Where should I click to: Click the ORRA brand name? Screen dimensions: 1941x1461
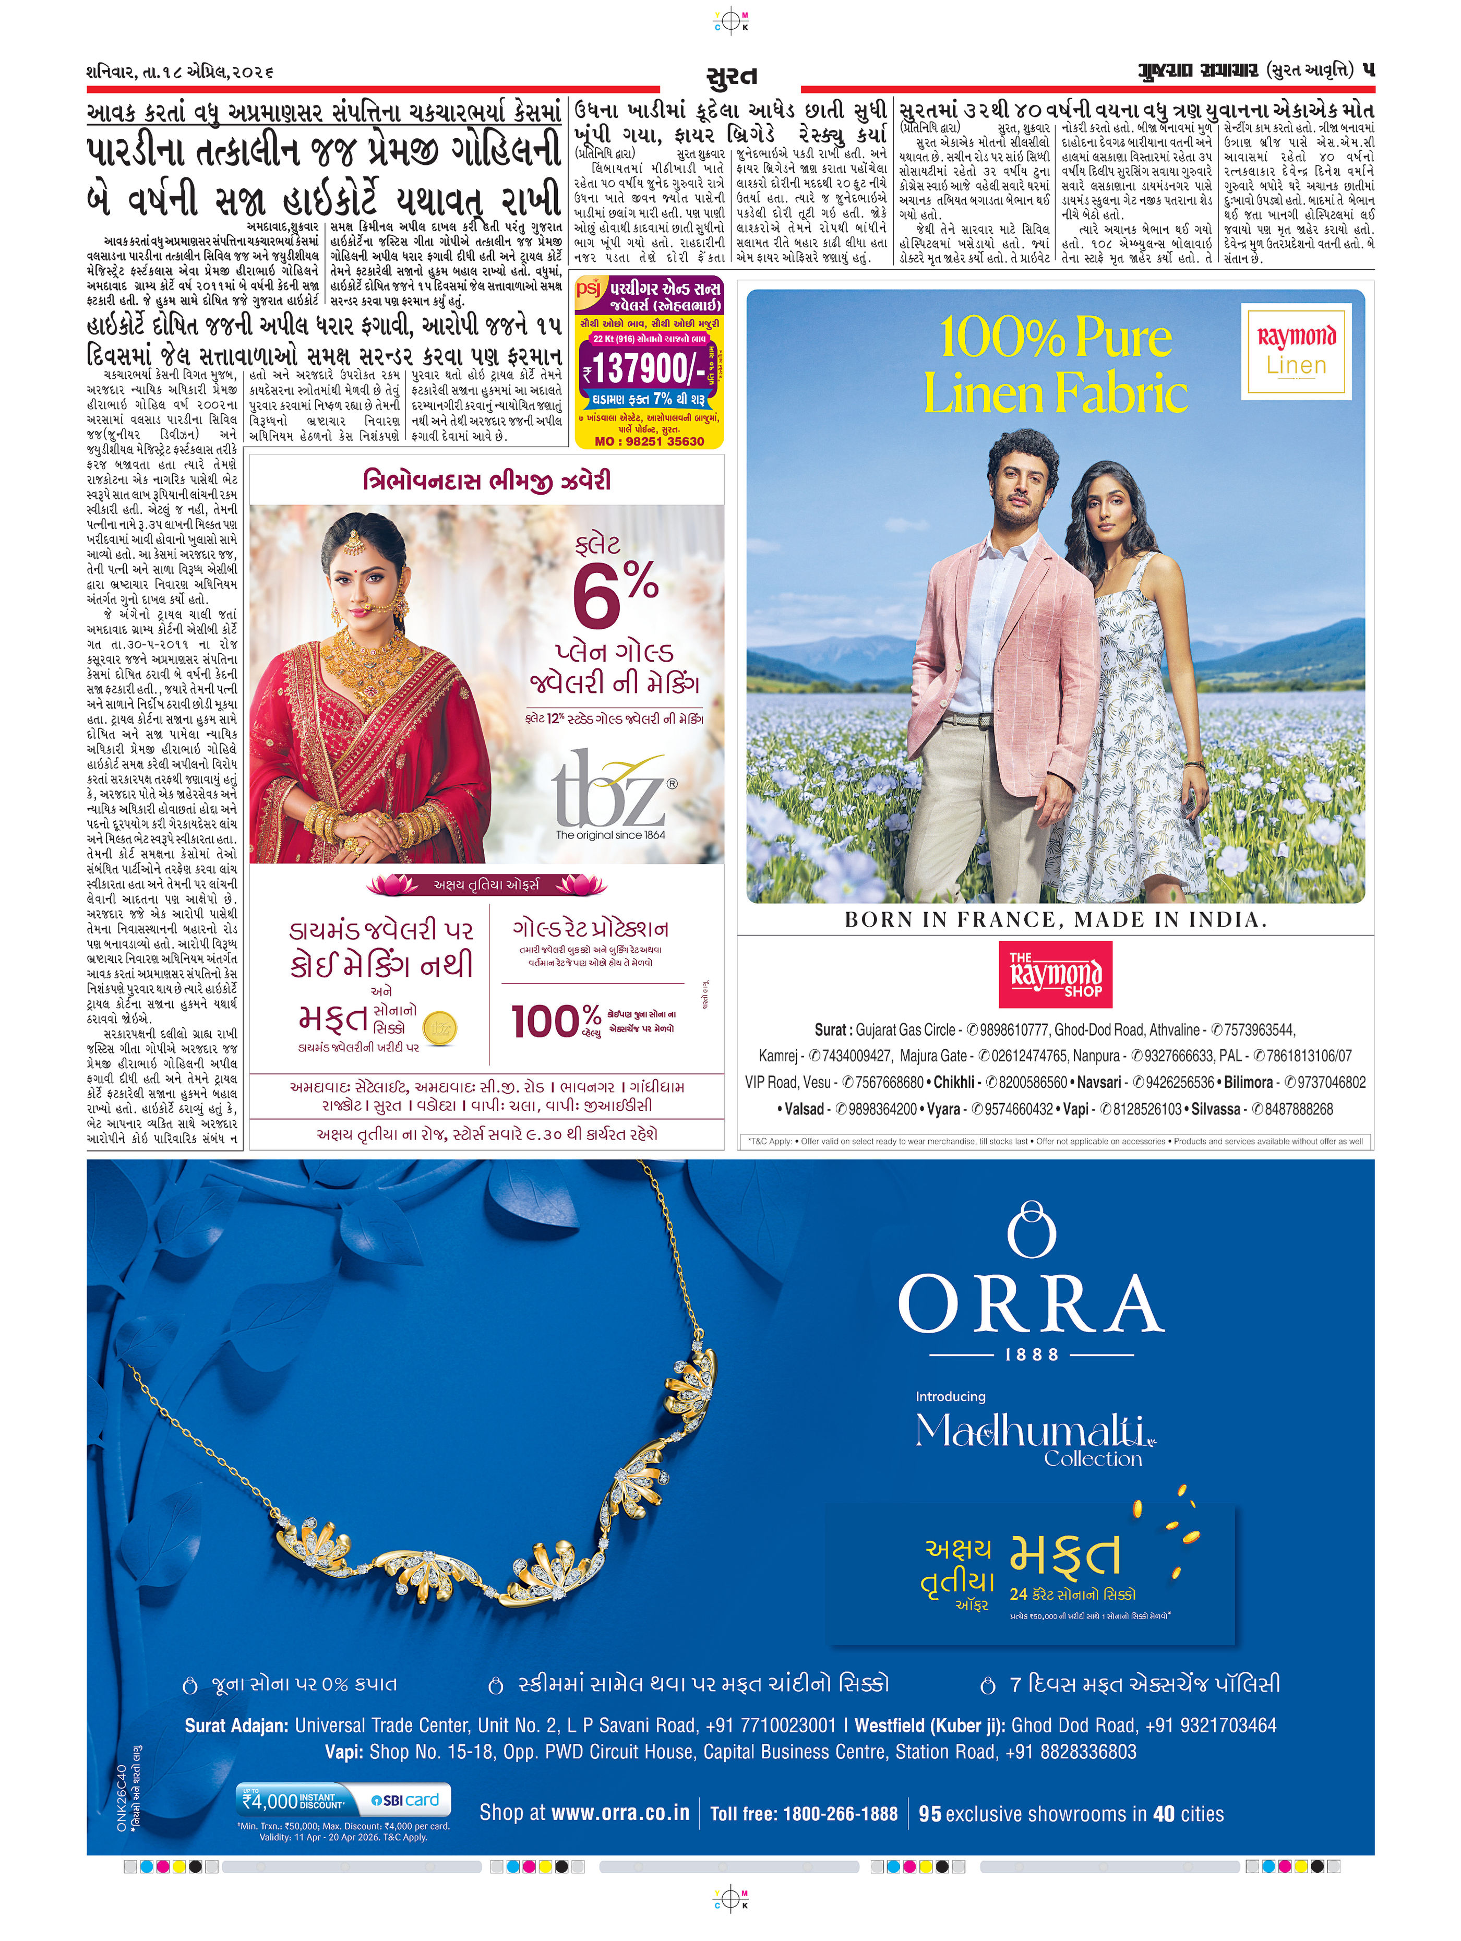click(x=1031, y=1305)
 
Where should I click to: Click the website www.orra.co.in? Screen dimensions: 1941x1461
click(x=619, y=1813)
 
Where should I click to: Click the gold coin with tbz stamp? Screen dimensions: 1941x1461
click(x=439, y=1027)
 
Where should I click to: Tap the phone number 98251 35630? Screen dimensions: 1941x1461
click(x=660, y=441)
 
